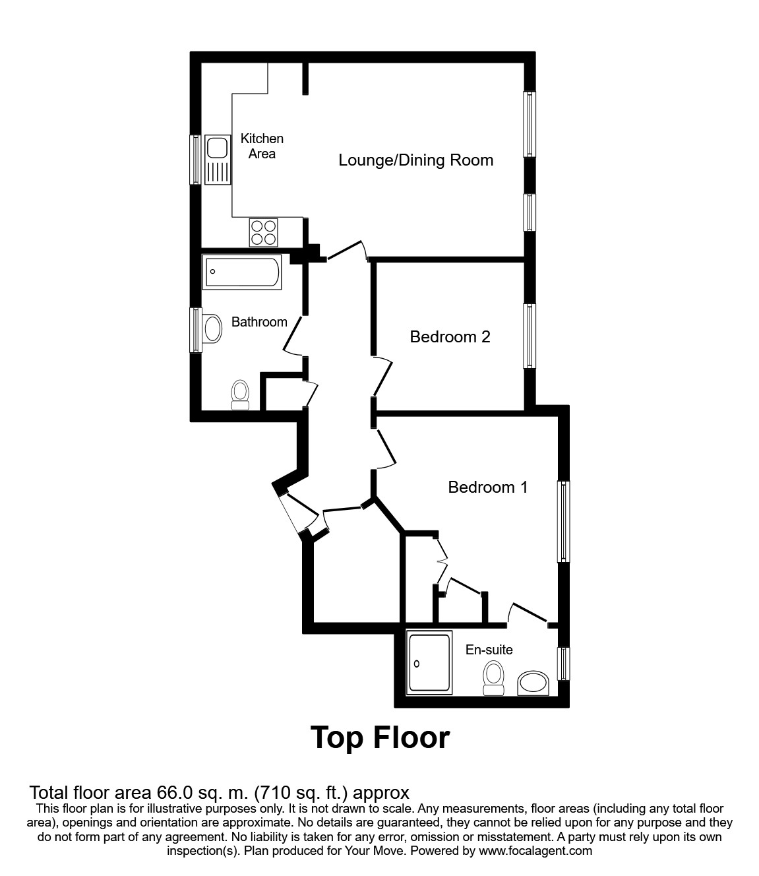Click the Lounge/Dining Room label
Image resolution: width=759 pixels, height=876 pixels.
[x=415, y=160]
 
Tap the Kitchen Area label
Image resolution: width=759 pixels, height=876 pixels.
[x=262, y=146]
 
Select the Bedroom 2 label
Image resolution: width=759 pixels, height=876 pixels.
[x=450, y=337]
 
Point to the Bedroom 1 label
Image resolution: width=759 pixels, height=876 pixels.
[x=487, y=487]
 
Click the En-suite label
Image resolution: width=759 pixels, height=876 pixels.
[x=489, y=650]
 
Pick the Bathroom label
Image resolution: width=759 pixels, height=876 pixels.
[x=259, y=322]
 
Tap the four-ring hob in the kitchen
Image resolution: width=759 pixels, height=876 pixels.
[x=263, y=232]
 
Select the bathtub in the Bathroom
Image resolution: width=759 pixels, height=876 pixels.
[x=242, y=272]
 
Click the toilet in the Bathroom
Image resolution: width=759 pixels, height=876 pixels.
[x=240, y=394]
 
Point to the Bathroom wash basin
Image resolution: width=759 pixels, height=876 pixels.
[x=212, y=328]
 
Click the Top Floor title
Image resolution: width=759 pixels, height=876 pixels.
[x=380, y=737]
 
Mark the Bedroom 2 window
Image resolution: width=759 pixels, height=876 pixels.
[x=530, y=335]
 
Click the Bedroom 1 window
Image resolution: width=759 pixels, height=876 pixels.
[x=564, y=521]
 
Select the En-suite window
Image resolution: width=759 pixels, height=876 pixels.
[x=564, y=663]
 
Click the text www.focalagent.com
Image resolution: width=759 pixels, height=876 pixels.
[x=536, y=851]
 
